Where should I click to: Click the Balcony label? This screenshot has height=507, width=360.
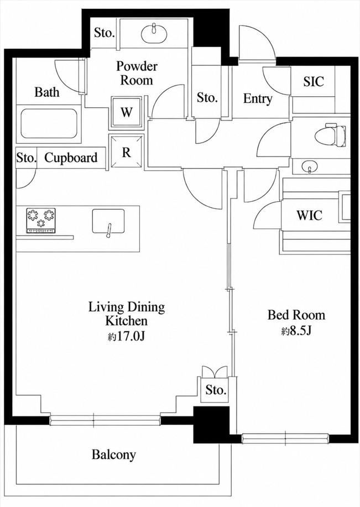(113, 454)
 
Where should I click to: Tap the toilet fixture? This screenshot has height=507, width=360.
(330, 134)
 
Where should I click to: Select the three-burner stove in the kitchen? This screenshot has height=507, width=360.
(41, 221)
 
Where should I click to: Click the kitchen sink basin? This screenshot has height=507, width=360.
(108, 221)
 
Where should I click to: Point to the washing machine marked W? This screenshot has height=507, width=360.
(127, 112)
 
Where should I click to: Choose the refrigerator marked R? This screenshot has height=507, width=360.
(126, 151)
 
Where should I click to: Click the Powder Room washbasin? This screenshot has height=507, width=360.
(154, 33)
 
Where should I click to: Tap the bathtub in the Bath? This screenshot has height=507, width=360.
(49, 124)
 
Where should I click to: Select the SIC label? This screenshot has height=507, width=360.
(314, 81)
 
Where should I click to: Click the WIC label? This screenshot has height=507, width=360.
(310, 215)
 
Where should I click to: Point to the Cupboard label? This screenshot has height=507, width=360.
(71, 158)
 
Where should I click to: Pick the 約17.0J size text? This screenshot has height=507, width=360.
(126, 337)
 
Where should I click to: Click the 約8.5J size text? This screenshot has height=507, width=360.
(296, 331)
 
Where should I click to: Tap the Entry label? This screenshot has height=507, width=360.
(258, 98)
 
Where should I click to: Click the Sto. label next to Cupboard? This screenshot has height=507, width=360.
(26, 158)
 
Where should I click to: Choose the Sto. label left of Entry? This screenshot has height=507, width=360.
(207, 97)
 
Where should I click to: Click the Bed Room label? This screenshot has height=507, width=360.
(296, 315)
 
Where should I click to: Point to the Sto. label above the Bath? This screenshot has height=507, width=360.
(105, 33)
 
